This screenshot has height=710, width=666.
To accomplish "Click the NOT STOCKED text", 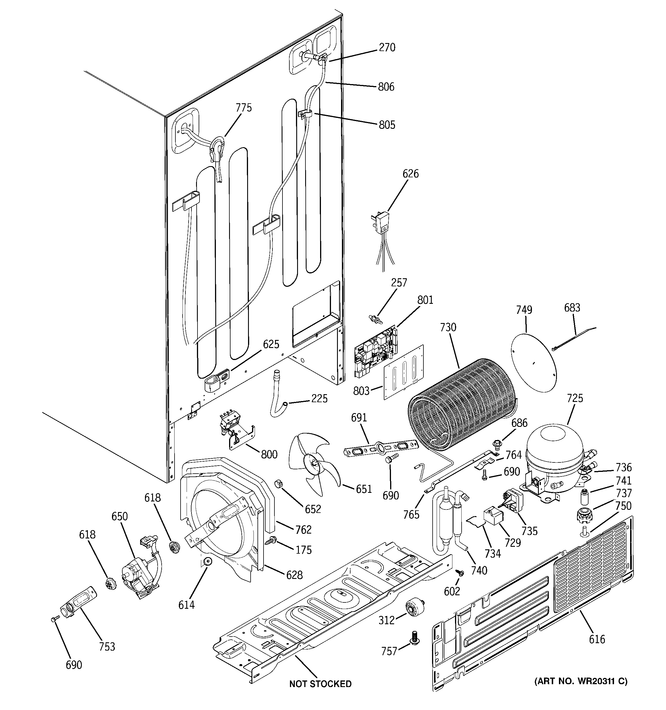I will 320,684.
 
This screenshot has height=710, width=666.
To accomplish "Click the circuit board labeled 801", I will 375,351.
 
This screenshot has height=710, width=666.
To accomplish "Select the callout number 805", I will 387,125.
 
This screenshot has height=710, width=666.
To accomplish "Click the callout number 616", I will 597,639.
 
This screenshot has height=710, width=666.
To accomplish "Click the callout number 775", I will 243,108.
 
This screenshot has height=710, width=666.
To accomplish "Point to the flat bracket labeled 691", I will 381,448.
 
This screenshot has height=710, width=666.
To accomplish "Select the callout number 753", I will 107,646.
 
